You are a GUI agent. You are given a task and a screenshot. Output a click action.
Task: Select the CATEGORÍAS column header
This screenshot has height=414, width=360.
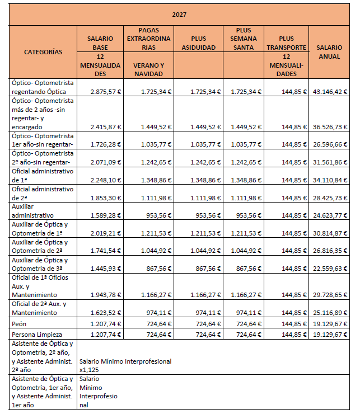pos(43,52)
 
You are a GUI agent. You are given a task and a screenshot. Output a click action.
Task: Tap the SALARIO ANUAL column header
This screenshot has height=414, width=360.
pos(329,52)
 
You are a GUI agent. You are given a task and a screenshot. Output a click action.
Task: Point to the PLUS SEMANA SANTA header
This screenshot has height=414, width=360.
pos(244,39)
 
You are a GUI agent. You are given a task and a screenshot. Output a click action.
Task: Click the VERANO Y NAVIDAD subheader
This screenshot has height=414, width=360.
pos(148,69)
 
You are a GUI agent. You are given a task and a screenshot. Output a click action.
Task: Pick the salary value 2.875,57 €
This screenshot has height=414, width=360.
pos(105,92)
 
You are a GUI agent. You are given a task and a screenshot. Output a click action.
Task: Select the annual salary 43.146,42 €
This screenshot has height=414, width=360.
pos(328,92)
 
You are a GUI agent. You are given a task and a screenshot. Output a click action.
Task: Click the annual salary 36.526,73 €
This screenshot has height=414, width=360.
pos(328,128)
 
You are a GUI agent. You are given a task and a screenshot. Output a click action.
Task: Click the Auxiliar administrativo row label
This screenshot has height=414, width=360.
pos(32,211)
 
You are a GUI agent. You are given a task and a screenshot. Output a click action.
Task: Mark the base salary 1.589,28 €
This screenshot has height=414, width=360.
pos(105,215)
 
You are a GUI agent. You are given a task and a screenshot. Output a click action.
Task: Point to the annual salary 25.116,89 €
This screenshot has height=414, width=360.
pos(328,313)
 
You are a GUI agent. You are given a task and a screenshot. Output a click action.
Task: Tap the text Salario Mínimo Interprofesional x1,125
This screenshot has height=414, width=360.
pos(125,365)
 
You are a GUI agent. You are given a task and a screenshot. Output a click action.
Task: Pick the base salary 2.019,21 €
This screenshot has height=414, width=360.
pos(105,233)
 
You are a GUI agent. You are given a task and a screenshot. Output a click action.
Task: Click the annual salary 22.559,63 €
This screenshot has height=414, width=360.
pos(328,269)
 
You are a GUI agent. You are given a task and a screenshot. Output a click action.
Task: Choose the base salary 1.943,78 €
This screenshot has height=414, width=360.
pos(105,295)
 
